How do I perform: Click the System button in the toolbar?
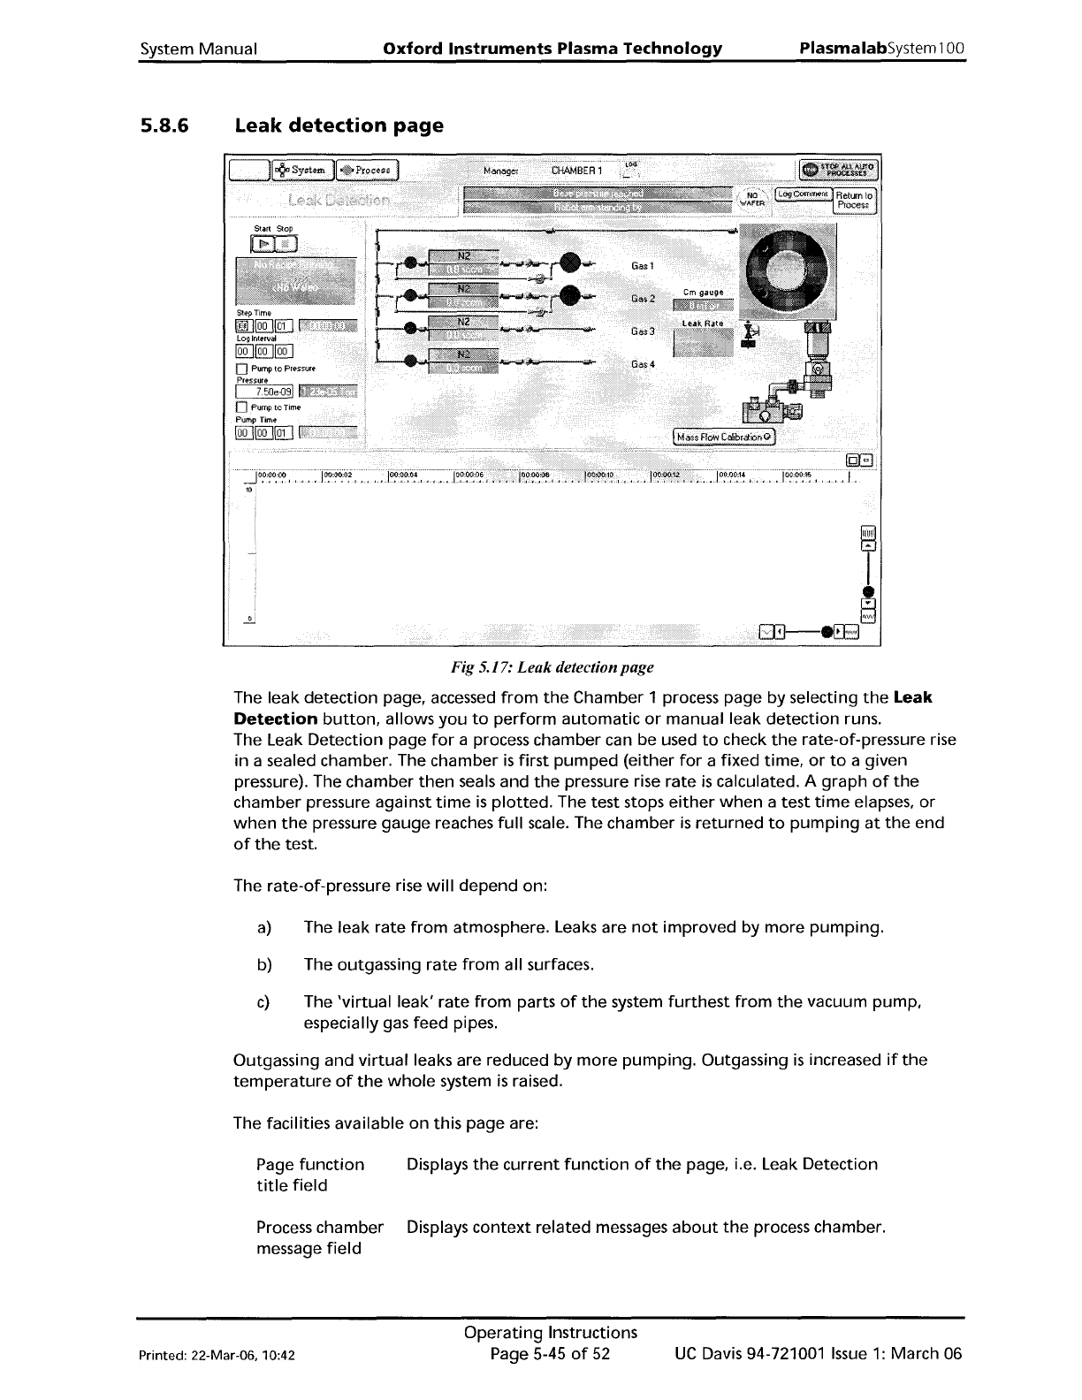pos(300,170)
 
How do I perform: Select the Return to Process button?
pos(855,201)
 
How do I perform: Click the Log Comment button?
pos(804,194)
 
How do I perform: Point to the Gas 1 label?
pos(643,266)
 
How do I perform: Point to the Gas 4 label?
pos(643,364)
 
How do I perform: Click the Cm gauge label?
pos(704,293)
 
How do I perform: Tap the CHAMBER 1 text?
pos(576,170)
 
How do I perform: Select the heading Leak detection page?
pos(339,126)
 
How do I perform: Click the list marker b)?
pos(263,964)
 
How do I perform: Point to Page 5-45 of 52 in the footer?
pos(551,1354)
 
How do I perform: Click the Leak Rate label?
pos(702,323)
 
